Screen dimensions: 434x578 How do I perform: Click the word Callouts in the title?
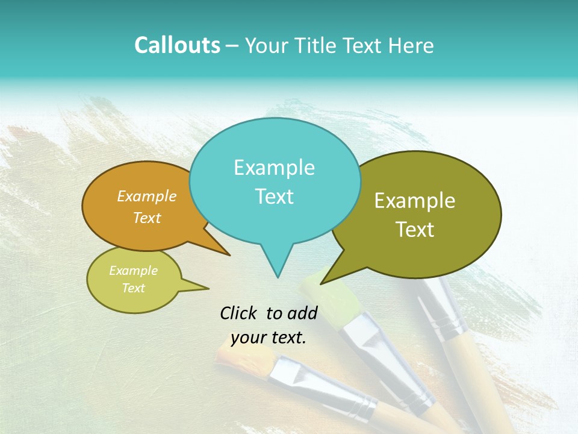click(x=177, y=45)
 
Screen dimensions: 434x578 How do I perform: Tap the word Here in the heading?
click(x=412, y=45)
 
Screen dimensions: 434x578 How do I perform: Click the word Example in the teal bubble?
click(x=274, y=168)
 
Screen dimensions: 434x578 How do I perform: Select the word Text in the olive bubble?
click(x=415, y=230)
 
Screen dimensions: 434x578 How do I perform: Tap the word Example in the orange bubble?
click(x=147, y=196)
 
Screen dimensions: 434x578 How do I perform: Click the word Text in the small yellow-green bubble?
click(x=134, y=288)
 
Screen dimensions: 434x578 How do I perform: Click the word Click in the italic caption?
click(x=238, y=313)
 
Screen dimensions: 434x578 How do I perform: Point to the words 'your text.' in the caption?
click(x=269, y=338)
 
